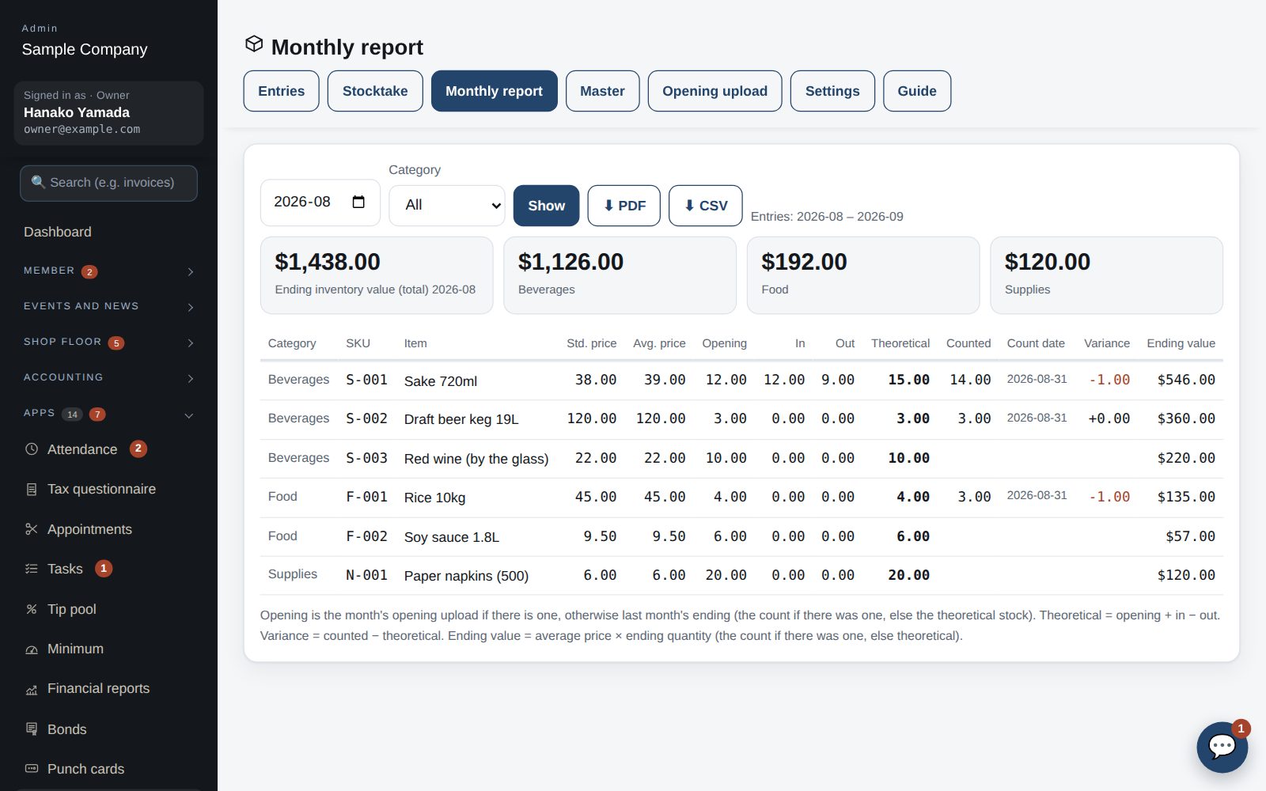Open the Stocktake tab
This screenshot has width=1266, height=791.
[375, 91]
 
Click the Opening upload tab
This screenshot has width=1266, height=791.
[714, 91]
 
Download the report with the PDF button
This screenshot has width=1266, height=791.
[624, 206]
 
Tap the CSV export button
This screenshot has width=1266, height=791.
[705, 206]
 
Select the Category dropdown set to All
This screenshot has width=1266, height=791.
[446, 206]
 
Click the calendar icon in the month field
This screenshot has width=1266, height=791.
[358, 202]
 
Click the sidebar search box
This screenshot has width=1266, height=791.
[108, 183]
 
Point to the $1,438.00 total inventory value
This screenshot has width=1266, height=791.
[328, 262]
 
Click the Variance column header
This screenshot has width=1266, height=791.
[1107, 343]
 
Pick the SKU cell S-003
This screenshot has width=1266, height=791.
[366, 458]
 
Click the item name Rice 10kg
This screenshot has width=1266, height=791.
[434, 498]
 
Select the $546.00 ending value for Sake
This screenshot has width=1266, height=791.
[1186, 380]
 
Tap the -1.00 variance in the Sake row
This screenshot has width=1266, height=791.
[1109, 380]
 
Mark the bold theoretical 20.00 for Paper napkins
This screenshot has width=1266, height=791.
[908, 575]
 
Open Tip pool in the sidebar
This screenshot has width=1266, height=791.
[72, 609]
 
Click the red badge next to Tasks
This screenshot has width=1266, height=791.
[104, 569]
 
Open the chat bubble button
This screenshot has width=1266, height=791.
[1222, 747]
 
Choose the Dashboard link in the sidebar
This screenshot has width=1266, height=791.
[57, 232]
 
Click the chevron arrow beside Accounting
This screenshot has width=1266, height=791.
[191, 379]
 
